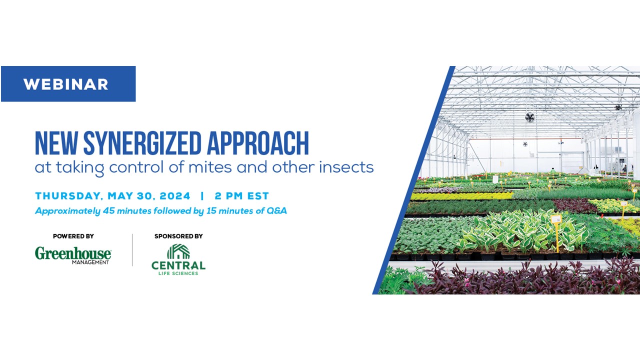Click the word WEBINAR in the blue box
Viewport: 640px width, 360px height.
click(65, 84)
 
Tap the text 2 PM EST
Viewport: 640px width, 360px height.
click(242, 195)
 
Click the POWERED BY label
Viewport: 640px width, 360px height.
click(73, 236)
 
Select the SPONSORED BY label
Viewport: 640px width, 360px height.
click(178, 236)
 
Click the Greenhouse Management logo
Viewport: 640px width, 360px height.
click(73, 255)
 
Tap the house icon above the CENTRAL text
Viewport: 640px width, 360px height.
click(178, 251)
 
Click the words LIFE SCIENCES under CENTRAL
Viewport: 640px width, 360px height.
click(178, 273)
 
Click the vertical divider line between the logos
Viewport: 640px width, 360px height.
click(132, 250)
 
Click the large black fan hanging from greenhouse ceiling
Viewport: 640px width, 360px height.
click(529, 117)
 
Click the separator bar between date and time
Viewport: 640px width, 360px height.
click(202, 195)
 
